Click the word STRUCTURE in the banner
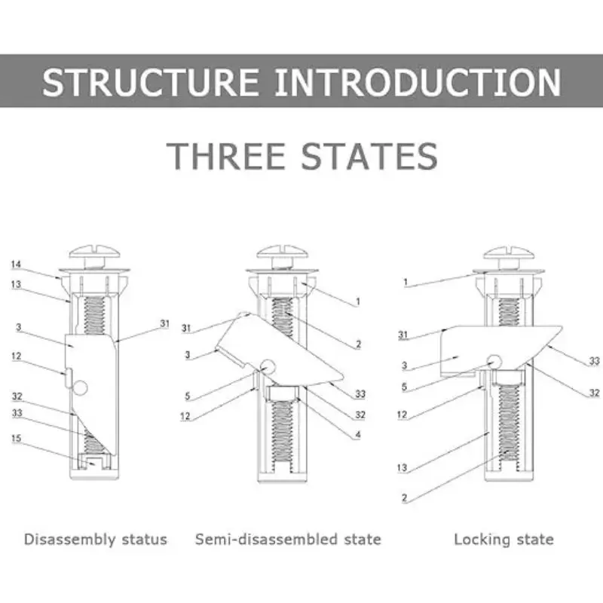152,82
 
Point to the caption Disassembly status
95,539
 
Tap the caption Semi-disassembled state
288,539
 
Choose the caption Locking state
504,539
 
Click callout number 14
17,265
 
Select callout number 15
17,438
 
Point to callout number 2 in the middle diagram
359,344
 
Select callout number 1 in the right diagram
405,282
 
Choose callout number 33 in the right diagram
595,362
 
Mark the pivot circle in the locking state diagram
494,361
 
